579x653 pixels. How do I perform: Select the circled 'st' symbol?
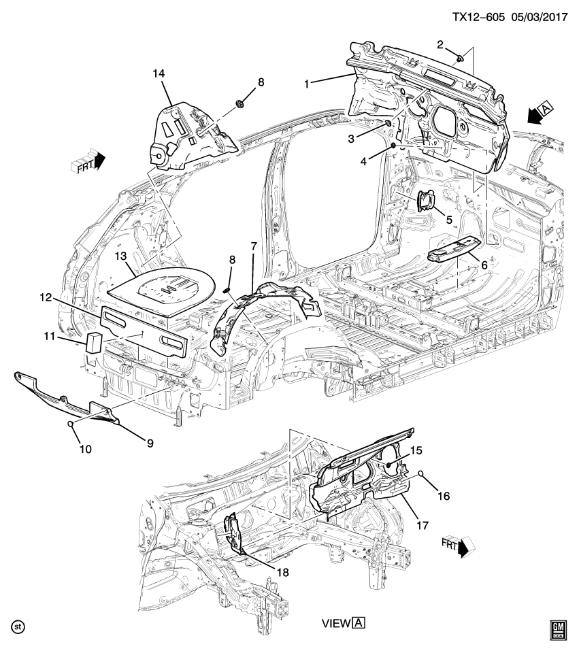[x=19, y=625]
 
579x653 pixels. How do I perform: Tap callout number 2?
[x=440, y=44]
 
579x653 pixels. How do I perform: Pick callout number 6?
[x=484, y=265]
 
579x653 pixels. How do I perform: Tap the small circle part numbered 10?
[x=70, y=425]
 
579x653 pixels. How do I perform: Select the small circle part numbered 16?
[x=421, y=473]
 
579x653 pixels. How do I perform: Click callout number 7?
[x=252, y=244]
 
